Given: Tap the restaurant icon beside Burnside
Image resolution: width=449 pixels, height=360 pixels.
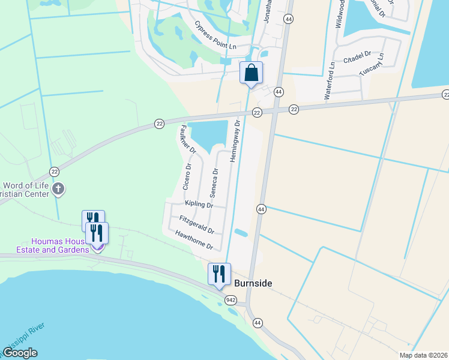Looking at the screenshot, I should tap(219, 274).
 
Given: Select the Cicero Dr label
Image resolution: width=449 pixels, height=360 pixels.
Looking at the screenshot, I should tap(187, 177).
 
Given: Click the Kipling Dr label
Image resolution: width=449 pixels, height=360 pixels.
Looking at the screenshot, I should tap(199, 205).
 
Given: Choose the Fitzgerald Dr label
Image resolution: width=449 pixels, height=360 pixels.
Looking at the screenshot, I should tap(196, 224).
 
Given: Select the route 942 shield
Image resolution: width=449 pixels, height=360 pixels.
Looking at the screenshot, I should tap(231, 299).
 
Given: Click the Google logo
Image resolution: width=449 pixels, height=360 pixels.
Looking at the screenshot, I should tap(20, 353).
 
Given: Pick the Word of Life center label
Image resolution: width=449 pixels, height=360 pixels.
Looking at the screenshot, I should tap(27, 190).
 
